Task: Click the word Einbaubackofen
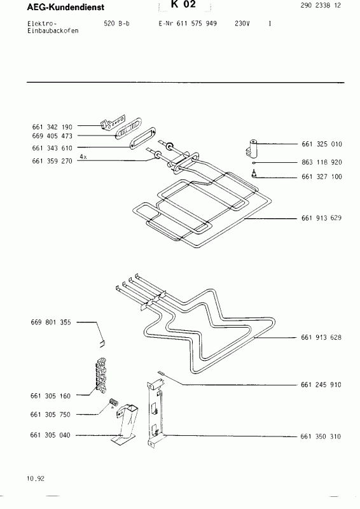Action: (54, 31)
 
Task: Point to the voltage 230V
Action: (241, 24)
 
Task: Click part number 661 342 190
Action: (52, 127)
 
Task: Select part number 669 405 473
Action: (52, 136)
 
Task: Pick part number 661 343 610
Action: (52, 148)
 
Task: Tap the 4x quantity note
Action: (83, 156)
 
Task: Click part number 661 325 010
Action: (321, 144)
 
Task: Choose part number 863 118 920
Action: (321, 163)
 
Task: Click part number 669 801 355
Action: (52, 323)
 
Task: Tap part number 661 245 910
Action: (321, 385)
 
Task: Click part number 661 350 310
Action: (321, 437)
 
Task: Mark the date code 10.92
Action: (36, 478)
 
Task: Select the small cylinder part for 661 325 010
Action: (254, 149)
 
